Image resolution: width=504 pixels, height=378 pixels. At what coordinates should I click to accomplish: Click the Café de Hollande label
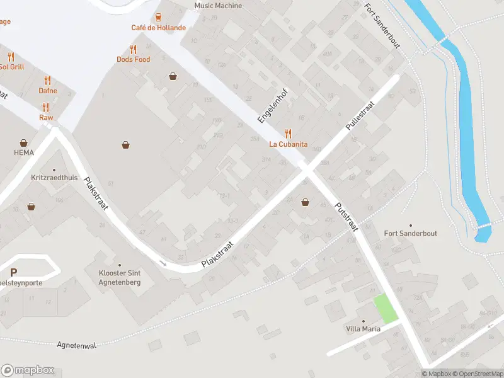(x=158, y=28)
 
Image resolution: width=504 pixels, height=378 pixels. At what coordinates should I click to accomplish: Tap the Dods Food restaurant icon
(x=133, y=49)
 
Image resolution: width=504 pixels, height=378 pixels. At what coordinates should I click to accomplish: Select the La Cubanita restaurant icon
(x=289, y=133)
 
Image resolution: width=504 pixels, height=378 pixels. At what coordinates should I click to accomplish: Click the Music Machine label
(x=218, y=6)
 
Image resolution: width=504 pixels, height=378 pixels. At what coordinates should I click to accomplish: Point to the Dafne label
(x=48, y=91)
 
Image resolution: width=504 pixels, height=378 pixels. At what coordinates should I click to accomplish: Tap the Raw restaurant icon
(x=46, y=107)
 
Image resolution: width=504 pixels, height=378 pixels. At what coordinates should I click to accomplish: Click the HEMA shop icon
(x=24, y=143)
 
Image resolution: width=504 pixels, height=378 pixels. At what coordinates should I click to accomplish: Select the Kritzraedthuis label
(x=54, y=178)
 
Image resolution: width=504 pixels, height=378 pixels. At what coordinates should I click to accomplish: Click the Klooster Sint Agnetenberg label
(x=120, y=277)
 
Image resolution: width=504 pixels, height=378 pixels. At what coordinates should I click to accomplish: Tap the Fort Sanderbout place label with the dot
(x=411, y=233)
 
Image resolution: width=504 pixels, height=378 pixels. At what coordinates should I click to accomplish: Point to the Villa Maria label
(x=363, y=328)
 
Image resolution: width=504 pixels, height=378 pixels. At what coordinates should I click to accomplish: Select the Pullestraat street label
(x=360, y=116)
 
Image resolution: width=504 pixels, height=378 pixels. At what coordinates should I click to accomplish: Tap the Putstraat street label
(x=346, y=215)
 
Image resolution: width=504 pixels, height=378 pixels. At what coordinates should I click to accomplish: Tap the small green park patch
(x=386, y=309)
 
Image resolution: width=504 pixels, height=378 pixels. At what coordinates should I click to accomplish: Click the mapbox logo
(x=27, y=370)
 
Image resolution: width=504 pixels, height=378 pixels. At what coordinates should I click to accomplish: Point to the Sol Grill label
(x=11, y=66)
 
